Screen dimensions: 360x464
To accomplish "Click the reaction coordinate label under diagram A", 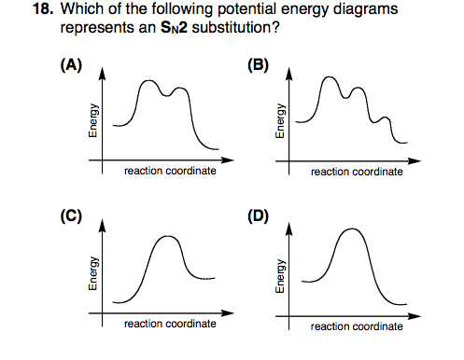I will [170, 172].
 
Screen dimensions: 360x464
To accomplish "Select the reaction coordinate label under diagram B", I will [357, 172].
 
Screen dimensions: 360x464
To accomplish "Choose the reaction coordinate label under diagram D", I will [357, 325].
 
